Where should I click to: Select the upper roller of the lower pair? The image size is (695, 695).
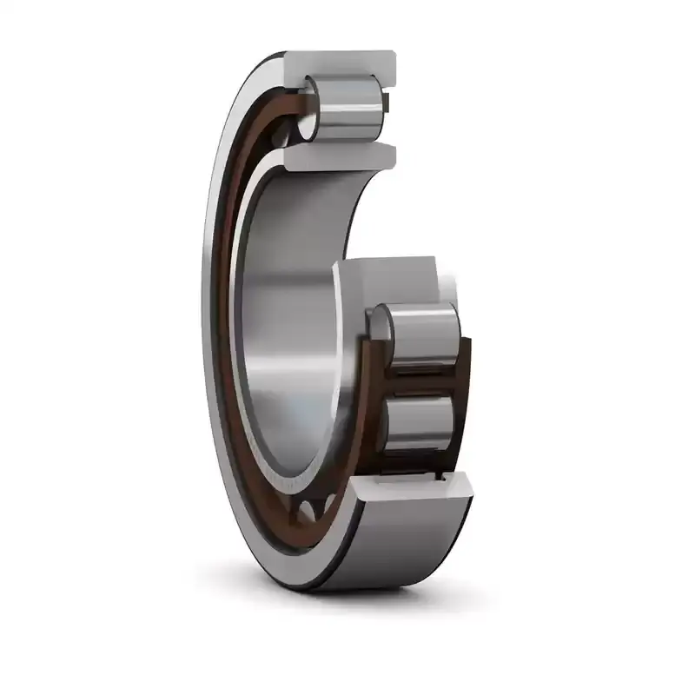click(x=420, y=332)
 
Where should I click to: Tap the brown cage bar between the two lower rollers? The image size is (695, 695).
click(x=417, y=379)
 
